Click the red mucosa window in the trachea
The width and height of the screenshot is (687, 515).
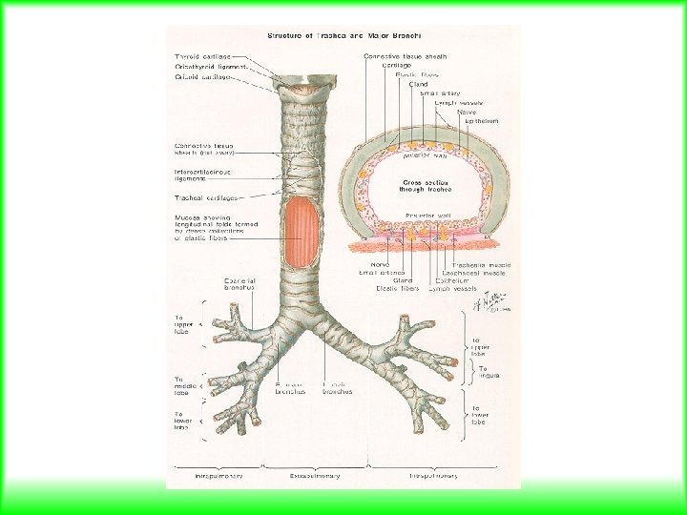[x=302, y=233]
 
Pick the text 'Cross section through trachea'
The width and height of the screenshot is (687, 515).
[x=422, y=185]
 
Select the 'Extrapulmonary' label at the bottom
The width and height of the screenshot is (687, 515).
[x=315, y=474]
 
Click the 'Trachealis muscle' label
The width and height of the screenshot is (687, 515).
[x=481, y=264]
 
